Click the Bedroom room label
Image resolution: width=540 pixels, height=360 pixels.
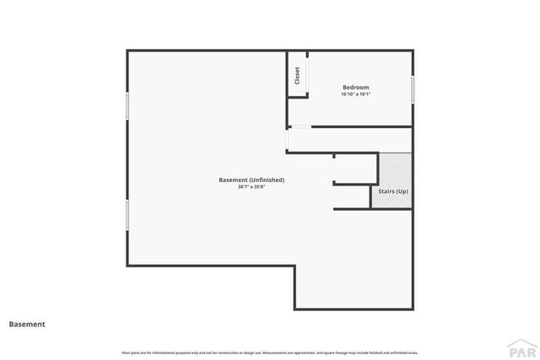(355, 88)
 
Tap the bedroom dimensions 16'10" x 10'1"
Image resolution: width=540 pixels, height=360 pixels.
(355, 94)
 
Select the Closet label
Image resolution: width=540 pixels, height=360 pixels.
(297, 76)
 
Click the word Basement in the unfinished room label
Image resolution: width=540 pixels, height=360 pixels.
(233, 180)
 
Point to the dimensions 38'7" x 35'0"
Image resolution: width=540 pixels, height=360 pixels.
(251, 187)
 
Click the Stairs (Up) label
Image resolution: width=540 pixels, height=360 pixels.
(393, 192)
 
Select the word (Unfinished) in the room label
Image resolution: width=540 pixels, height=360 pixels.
(267, 180)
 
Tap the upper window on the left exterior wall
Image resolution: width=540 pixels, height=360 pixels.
(127, 105)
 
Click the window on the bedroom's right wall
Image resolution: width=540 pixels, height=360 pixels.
(413, 89)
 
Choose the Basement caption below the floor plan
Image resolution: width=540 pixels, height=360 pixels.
(27, 324)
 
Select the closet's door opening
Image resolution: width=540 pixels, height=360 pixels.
(297, 96)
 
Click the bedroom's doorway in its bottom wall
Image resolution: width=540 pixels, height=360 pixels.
(300, 127)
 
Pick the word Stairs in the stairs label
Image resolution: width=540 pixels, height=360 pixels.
(386, 192)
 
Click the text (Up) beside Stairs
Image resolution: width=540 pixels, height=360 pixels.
(403, 192)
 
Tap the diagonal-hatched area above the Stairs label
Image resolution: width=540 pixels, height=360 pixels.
(394, 169)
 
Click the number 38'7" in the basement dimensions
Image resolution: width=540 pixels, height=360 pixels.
(243, 187)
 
